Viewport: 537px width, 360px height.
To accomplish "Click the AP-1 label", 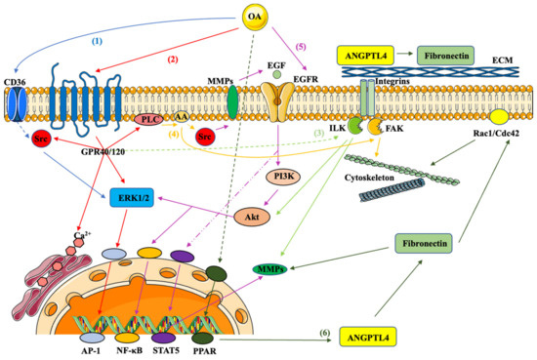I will click(104, 347).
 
